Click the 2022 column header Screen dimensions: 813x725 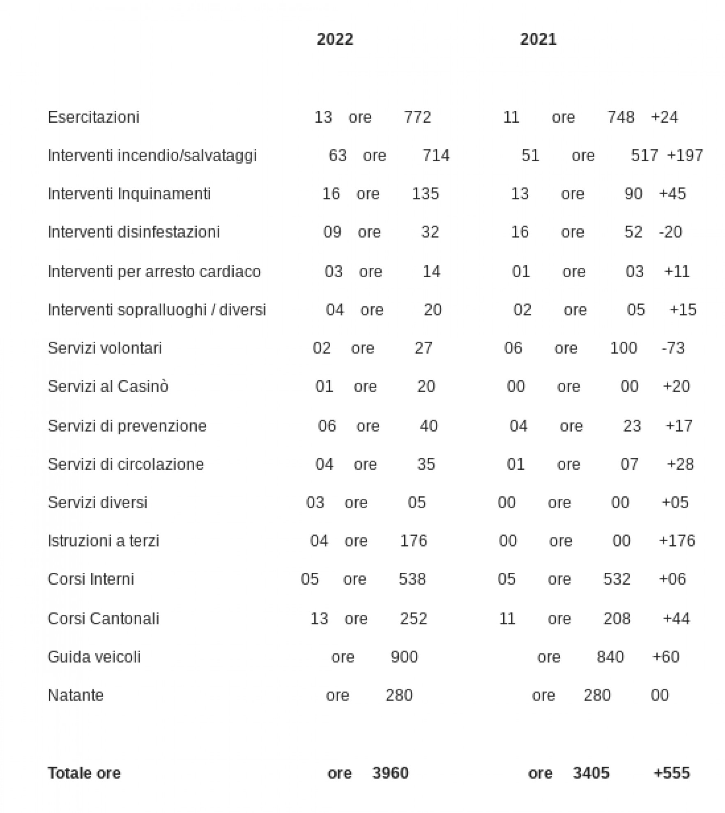[335, 39]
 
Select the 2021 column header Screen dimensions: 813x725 [538, 39]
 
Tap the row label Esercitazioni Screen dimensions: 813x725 [93, 117]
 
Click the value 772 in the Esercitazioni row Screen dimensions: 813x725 [417, 117]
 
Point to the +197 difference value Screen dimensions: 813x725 [685, 155]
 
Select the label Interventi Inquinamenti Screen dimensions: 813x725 [129, 193]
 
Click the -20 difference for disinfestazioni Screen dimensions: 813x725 [670, 232]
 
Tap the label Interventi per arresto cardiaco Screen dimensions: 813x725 [154, 271]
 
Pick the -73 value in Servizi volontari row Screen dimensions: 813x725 [673, 348]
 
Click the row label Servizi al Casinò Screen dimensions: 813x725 [108, 386]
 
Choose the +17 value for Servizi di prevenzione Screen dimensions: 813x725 [679, 426]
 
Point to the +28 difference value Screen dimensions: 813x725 [680, 464]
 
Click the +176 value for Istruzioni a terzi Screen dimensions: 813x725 [677, 541]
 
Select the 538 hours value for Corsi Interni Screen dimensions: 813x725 [412, 579]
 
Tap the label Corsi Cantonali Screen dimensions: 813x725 [103, 618]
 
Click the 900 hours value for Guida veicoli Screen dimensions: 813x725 [404, 657]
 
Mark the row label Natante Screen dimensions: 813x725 [76, 695]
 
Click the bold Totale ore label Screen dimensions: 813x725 [84, 773]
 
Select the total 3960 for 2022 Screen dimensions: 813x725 [390, 773]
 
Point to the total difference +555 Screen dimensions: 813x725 [672, 773]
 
